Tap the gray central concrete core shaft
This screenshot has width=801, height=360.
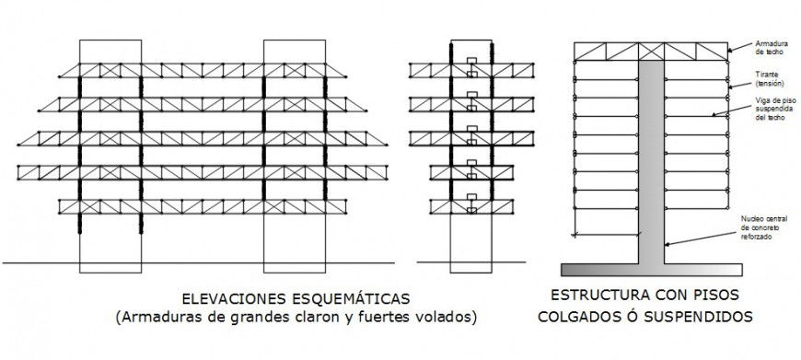tap(650, 157)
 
